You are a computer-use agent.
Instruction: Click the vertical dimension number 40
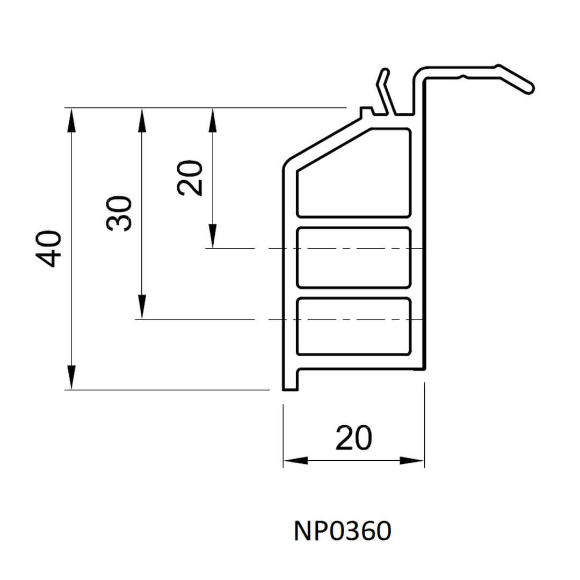click(x=50, y=249)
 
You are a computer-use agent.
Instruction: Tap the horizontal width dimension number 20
click(x=353, y=438)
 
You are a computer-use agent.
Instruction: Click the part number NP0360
click(x=342, y=532)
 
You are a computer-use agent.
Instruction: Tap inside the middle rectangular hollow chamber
click(x=353, y=257)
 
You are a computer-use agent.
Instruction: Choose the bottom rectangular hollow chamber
click(x=353, y=327)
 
